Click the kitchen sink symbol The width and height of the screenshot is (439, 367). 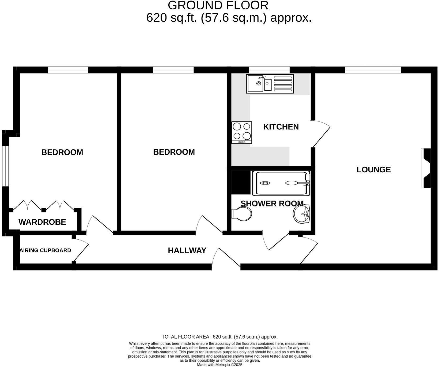tap(270, 84)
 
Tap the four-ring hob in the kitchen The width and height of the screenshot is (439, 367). tap(242, 133)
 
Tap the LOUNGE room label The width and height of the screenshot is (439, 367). tap(374, 170)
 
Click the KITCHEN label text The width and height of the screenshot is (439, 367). tap(281, 127)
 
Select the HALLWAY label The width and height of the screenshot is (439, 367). tap(187, 251)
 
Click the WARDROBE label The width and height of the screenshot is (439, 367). tap(42, 222)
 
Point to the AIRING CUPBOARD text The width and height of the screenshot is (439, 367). tap(46, 250)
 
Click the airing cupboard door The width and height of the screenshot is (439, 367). tap(81, 249)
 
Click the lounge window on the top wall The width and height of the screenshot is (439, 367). tap(373, 70)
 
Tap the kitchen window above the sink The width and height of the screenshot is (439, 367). tap(269, 70)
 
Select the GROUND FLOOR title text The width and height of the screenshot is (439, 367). tap(218, 5)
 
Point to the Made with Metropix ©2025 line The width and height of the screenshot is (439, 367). tap(219, 365)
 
